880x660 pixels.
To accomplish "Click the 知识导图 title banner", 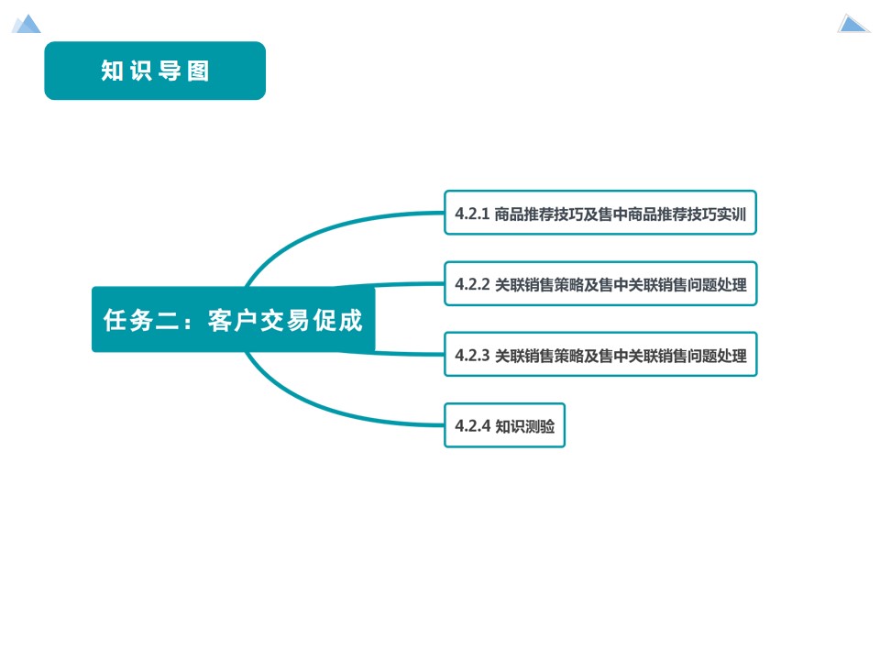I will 155,71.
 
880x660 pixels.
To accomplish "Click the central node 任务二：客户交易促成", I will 233,320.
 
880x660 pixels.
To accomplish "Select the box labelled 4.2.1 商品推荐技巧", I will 600,214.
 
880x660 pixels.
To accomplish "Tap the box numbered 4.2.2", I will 600,284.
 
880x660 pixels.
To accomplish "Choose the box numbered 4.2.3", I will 600,355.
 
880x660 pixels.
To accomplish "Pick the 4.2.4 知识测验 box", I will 504,425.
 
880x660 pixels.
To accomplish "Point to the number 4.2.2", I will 472,285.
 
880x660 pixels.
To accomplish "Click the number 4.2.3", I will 472,356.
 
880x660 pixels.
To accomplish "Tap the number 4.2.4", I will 472,426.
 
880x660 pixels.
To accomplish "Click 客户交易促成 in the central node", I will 285,321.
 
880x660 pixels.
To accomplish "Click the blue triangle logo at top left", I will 27,24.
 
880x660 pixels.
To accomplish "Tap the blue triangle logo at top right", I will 852,24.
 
